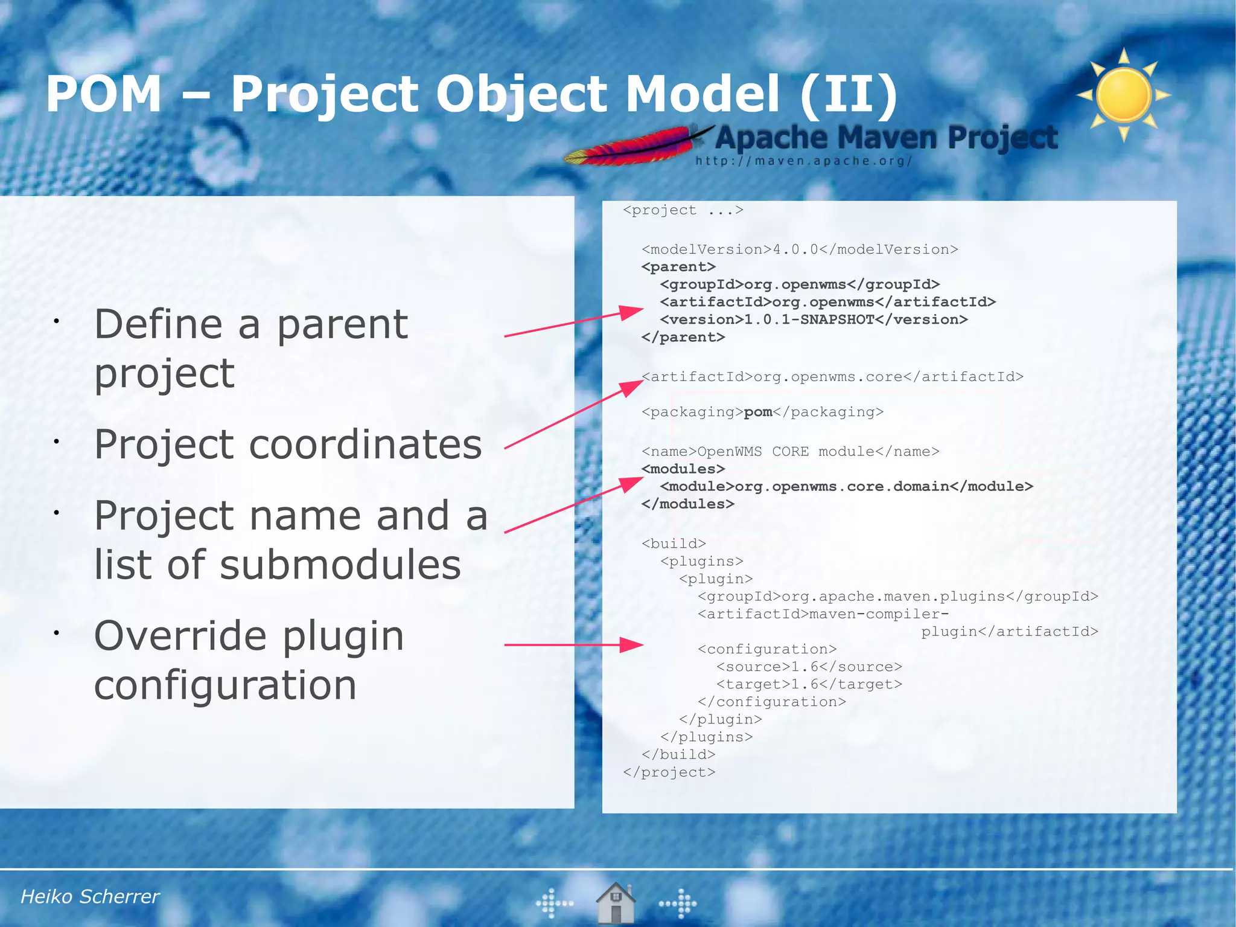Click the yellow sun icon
click(1124, 95)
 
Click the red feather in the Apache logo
click(634, 147)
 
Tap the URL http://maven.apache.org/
click(803, 161)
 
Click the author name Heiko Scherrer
click(90, 896)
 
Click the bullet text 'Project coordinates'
click(288, 444)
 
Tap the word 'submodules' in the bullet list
click(340, 565)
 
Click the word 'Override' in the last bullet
click(180, 636)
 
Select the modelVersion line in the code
click(800, 249)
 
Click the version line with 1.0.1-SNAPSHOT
click(814, 319)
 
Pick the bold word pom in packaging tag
click(758, 412)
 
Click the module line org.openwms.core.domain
click(846, 486)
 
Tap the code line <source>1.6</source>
click(809, 667)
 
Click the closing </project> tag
click(669, 772)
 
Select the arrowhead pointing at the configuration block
click(631, 645)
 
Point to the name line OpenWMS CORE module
click(790, 452)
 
